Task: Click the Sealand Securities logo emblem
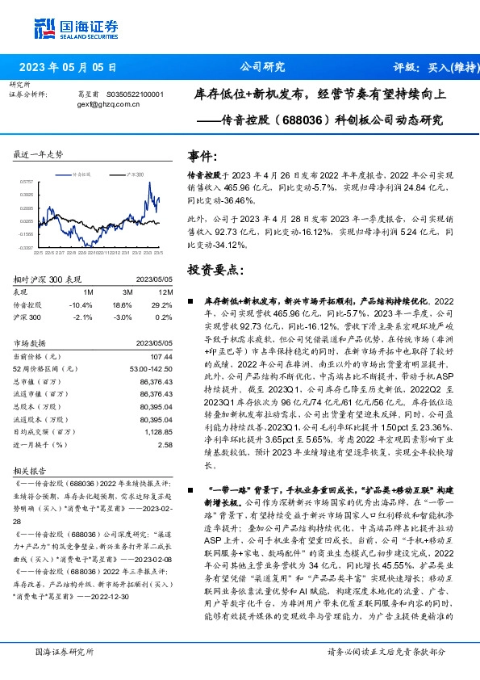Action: (44, 28)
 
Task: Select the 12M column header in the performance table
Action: (166, 291)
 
